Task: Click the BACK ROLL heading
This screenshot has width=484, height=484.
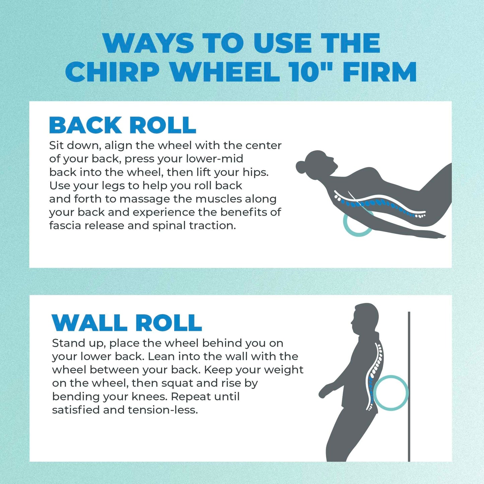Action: (x=122, y=125)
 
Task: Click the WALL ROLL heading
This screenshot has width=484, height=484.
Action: (x=127, y=323)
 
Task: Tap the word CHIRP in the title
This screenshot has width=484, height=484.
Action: (x=112, y=72)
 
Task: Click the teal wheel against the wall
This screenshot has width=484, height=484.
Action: (x=391, y=393)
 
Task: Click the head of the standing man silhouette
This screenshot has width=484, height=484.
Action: (x=365, y=318)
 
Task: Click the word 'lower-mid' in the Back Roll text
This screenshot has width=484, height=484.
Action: (x=214, y=159)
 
